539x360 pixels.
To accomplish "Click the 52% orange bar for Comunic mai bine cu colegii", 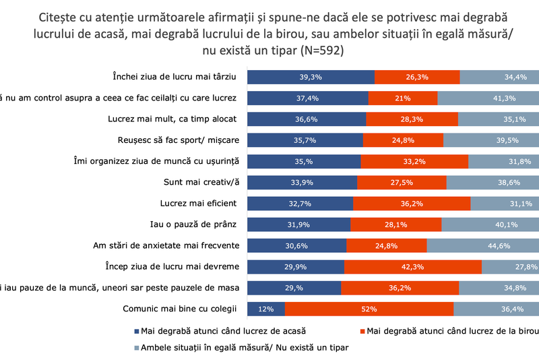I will (x=369, y=309).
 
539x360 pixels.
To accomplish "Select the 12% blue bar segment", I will (x=266, y=309).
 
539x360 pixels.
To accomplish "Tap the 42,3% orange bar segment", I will (x=413, y=266).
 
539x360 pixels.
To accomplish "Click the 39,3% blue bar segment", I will (x=311, y=77).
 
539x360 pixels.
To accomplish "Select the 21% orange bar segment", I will (x=403, y=98).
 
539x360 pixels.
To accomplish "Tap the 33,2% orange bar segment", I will (x=414, y=161).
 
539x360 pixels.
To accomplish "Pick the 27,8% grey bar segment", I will (x=511, y=266).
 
